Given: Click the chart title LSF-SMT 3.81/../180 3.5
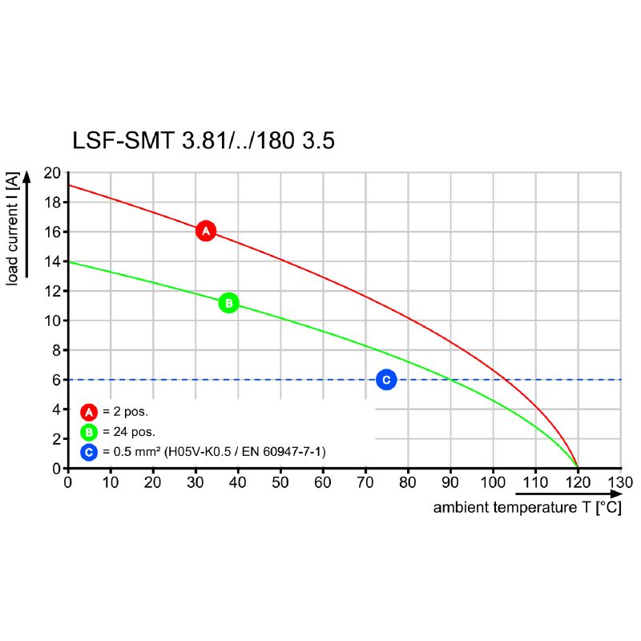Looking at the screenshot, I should [204, 142].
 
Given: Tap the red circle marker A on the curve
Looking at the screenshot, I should [206, 231].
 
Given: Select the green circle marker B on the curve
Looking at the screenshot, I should [228, 303].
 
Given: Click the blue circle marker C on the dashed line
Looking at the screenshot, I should [385, 380].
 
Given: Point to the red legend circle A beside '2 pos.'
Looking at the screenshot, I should [89, 412].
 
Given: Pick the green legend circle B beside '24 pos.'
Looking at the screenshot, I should [89, 433].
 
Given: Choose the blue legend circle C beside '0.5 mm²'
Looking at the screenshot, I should [89, 453].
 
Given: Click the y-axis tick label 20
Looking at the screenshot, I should [52, 173].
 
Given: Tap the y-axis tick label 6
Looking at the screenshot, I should [56, 380].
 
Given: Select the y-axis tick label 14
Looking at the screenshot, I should [52, 261].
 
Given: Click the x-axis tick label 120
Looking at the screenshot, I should [578, 482].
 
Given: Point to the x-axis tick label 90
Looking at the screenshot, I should [450, 482].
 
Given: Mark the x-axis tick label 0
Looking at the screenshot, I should [68, 482].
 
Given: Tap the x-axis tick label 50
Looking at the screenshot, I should [280, 482].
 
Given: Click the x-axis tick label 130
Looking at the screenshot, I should [620, 482].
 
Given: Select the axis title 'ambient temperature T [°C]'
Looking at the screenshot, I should [526, 508].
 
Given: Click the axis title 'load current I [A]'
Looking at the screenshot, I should [13, 228].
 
